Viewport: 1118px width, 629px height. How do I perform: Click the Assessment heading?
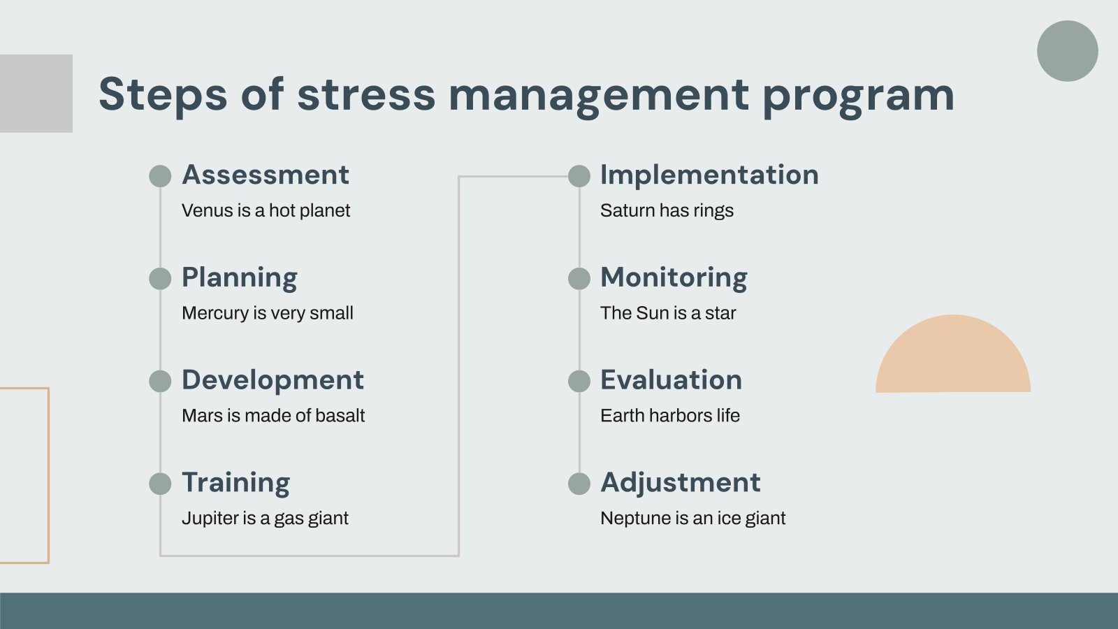pyautogui.click(x=265, y=175)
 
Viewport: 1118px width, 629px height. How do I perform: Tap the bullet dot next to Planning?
pyautogui.click(x=160, y=279)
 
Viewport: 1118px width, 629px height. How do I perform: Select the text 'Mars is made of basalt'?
pyautogui.click(x=273, y=416)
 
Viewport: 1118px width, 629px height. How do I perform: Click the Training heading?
pyautogui.click(x=235, y=483)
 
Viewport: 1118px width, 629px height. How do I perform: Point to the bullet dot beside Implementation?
pyautogui.click(x=579, y=176)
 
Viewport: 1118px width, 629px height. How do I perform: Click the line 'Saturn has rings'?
pyautogui.click(x=667, y=210)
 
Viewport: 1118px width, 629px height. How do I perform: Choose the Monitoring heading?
pyautogui.click(x=674, y=277)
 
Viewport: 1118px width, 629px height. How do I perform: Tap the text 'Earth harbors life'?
pyautogui.click(x=669, y=416)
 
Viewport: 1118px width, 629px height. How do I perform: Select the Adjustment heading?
pyautogui.click(x=680, y=483)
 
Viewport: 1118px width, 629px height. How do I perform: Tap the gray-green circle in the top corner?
pyautogui.click(x=1067, y=51)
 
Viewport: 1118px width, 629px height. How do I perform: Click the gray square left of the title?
pyautogui.click(x=36, y=94)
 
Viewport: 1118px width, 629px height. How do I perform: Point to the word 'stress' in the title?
pyautogui.click(x=366, y=94)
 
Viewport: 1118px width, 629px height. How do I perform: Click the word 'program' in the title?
pyautogui.click(x=858, y=96)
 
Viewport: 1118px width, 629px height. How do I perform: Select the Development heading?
pyautogui.click(x=273, y=380)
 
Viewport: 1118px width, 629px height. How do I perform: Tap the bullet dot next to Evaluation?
pyautogui.click(x=579, y=381)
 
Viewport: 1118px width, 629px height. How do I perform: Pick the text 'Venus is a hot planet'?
pyautogui.click(x=266, y=210)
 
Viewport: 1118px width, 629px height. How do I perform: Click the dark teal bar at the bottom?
pyautogui.click(x=559, y=611)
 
